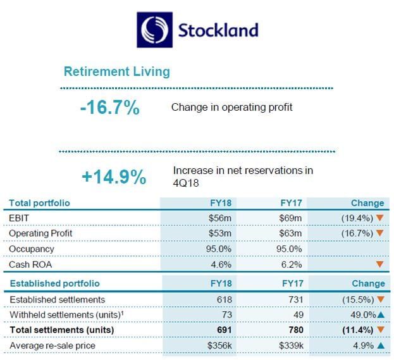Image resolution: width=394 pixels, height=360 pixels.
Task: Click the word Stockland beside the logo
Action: (x=218, y=30)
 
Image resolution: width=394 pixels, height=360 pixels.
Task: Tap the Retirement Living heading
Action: (x=117, y=71)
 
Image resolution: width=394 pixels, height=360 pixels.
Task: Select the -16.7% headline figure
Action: (x=109, y=108)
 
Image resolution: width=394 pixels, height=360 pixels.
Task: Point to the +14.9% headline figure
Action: (x=114, y=177)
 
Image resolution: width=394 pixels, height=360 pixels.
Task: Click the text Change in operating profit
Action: (x=231, y=107)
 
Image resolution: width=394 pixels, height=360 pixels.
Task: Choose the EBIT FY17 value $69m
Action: (x=292, y=218)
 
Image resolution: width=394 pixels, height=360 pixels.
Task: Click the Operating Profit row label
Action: (x=40, y=233)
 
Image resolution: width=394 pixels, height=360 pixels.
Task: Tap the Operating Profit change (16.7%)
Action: (x=355, y=233)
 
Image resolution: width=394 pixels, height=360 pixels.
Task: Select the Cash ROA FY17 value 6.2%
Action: (x=292, y=264)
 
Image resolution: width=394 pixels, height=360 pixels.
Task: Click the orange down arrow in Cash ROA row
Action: (x=379, y=264)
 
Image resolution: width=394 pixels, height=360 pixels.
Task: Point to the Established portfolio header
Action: (x=54, y=283)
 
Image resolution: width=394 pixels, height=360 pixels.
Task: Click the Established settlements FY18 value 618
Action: (x=225, y=299)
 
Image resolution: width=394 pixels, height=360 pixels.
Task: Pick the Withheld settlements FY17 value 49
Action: (x=297, y=314)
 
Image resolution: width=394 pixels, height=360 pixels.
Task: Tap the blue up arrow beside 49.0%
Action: (x=380, y=314)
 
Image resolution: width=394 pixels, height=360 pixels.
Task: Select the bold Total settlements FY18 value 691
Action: (x=225, y=330)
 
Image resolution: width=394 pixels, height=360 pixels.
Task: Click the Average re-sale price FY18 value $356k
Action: (x=219, y=345)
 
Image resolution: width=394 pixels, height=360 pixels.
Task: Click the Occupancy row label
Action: (x=32, y=249)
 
